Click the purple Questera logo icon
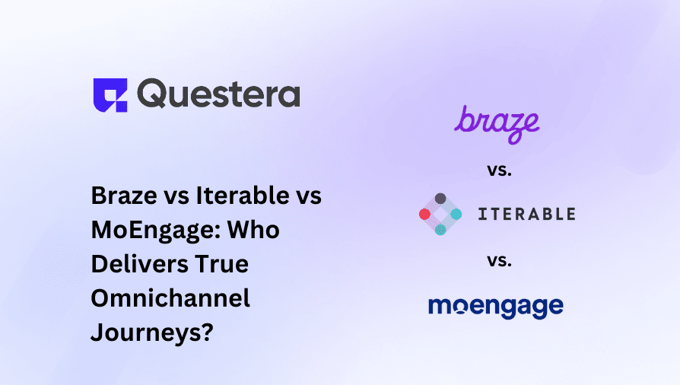[110, 95]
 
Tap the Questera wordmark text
[218, 94]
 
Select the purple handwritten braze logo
[497, 125]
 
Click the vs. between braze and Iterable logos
[499, 170]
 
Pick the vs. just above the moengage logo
[499, 260]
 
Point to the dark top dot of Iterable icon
[440, 199]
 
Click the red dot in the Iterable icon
[424, 214]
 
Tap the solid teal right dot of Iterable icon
[456, 214]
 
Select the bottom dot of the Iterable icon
[440, 230]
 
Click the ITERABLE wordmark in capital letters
[527, 214]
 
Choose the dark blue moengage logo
[496, 307]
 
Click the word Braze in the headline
[125, 196]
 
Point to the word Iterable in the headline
[243, 196]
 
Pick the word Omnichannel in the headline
[171, 298]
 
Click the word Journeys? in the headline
[152, 333]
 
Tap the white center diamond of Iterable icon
[440, 214]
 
